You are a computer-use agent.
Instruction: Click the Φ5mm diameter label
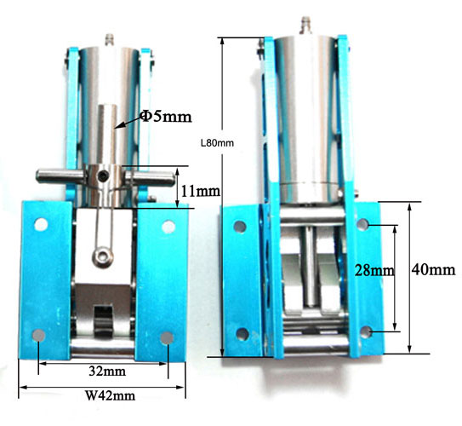pyautogui.click(x=166, y=116)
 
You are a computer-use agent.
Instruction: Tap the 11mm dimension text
pyautogui.click(x=200, y=191)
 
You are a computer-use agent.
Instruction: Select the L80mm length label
pyautogui.click(x=218, y=143)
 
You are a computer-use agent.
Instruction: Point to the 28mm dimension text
pyautogui.click(x=374, y=270)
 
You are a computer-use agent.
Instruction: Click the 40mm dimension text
pyautogui.click(x=433, y=269)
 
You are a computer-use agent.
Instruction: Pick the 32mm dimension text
pyautogui.click(x=107, y=371)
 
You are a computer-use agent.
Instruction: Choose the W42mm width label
pyautogui.click(x=111, y=395)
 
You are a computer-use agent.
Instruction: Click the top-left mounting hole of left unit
pyautogui.click(x=41, y=225)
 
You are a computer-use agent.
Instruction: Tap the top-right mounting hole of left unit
pyautogui.click(x=168, y=227)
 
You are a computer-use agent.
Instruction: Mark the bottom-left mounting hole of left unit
pyautogui.click(x=38, y=336)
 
